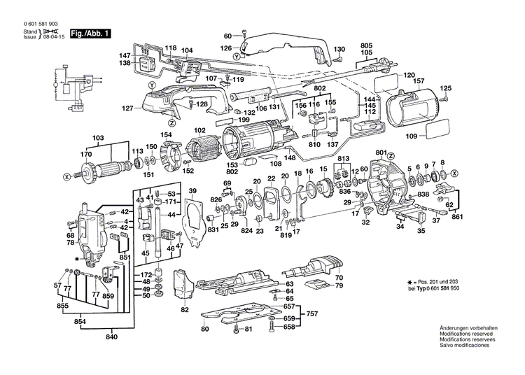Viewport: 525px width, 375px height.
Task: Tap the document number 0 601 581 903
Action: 36,24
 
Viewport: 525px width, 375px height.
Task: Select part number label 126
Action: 226,48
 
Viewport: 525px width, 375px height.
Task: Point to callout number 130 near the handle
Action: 339,49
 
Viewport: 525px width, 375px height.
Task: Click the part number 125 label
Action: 445,88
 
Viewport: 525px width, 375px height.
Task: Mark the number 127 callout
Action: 127,108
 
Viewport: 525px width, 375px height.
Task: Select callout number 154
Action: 166,134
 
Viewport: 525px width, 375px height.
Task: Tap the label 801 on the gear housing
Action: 381,153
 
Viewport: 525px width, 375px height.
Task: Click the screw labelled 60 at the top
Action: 244,34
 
